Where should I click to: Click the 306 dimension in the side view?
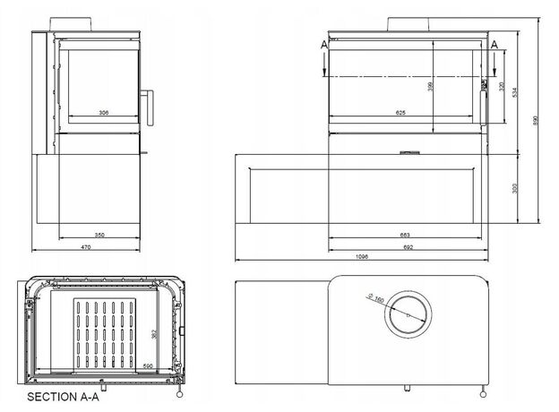coord(104,113)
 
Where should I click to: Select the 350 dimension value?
coord(99,235)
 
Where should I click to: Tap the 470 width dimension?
coord(86,246)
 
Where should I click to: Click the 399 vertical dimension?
coord(432,86)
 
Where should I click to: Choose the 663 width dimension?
coord(405,235)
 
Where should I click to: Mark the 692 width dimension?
coord(407,246)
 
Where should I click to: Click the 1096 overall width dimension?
coord(362,258)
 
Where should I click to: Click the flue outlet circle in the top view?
coord(407,314)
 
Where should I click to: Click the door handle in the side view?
coord(150,106)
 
